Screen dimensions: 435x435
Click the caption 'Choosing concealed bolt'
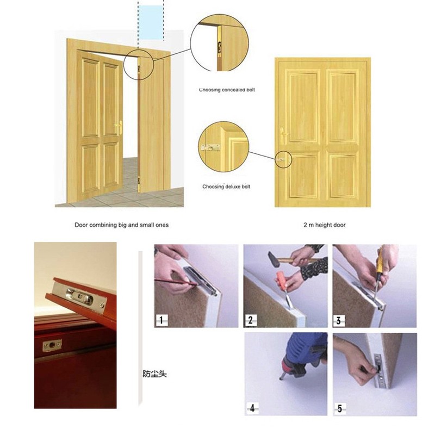(227, 90)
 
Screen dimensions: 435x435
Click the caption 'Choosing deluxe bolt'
(226, 187)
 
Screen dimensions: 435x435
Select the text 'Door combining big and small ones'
(121, 225)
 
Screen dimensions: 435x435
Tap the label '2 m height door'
(324, 225)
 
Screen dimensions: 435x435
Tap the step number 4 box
(251, 408)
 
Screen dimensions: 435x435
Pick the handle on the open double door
(119, 128)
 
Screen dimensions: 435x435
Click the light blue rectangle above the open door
(151, 22)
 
